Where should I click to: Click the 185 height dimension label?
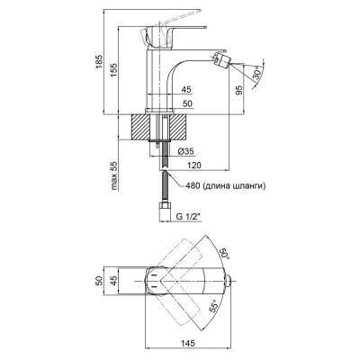click(x=99, y=62)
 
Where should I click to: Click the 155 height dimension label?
click(x=114, y=71)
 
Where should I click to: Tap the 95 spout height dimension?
click(x=239, y=90)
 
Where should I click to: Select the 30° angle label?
click(x=258, y=73)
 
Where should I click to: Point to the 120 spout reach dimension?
click(x=193, y=165)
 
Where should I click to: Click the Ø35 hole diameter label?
click(x=185, y=151)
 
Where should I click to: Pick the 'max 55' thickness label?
click(x=114, y=175)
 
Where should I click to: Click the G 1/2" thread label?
click(x=188, y=217)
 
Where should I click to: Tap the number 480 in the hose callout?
click(x=193, y=186)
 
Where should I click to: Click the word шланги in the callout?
click(x=249, y=186)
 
